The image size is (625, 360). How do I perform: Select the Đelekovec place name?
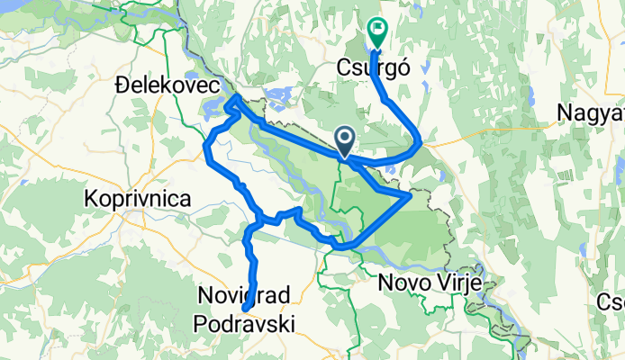[168, 85]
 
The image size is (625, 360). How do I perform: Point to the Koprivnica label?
[137, 198]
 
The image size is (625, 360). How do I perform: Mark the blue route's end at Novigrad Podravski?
[245, 312]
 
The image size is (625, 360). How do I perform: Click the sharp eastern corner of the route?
[411, 194]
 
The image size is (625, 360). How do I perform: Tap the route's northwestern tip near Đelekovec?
[235, 96]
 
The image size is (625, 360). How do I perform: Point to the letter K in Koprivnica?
[90, 198]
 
